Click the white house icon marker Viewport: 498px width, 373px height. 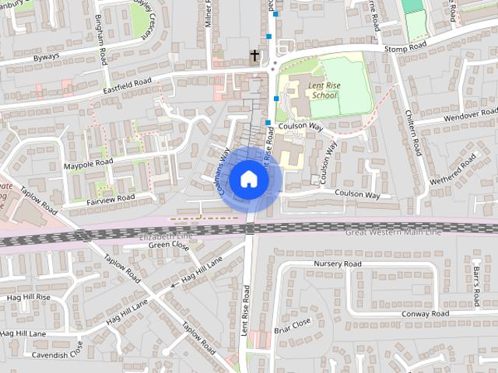[248, 179]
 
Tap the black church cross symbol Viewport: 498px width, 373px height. [254, 56]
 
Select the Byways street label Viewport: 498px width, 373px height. [45, 58]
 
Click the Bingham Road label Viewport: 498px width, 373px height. [101, 40]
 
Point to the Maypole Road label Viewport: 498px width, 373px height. [89, 164]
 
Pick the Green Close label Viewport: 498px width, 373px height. [169, 246]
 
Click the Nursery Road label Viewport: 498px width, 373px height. [338, 264]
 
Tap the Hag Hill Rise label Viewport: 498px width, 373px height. [28, 297]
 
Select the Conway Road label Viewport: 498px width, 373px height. [425, 314]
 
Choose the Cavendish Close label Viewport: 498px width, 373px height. [57, 354]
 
